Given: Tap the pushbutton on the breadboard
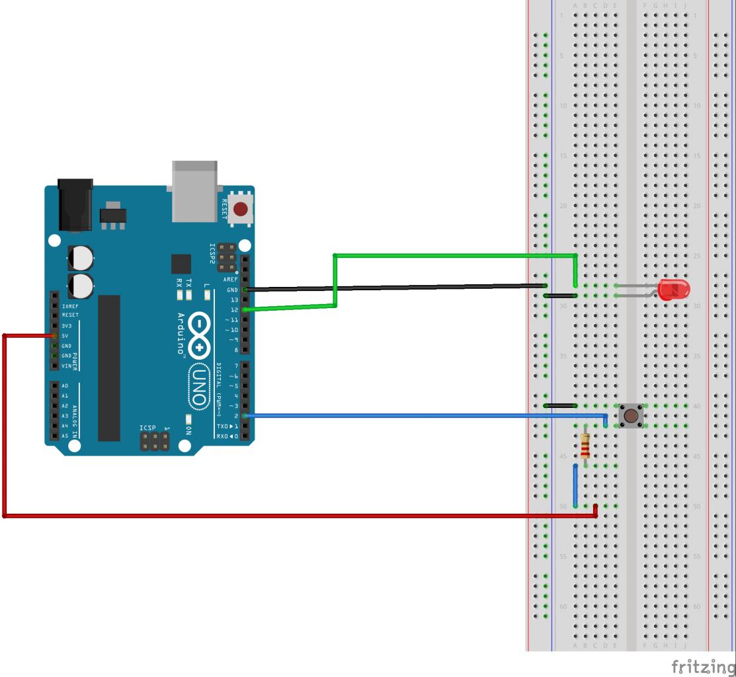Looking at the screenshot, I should [x=632, y=416].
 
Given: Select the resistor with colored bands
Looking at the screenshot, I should [x=585, y=446].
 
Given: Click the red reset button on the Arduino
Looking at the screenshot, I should [x=241, y=210].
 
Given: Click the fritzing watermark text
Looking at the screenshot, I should [x=702, y=665].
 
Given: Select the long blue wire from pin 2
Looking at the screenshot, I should [x=423, y=415].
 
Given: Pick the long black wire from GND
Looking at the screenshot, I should [x=397, y=288].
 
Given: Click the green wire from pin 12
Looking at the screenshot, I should [x=456, y=255].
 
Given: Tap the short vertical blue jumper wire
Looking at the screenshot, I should [x=575, y=486].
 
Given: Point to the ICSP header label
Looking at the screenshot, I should [x=147, y=428].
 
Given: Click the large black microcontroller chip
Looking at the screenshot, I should [x=109, y=368].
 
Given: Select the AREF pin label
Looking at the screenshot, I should [x=230, y=280].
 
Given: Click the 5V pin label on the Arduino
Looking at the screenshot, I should [x=65, y=336].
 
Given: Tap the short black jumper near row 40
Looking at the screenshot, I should [x=560, y=405].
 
